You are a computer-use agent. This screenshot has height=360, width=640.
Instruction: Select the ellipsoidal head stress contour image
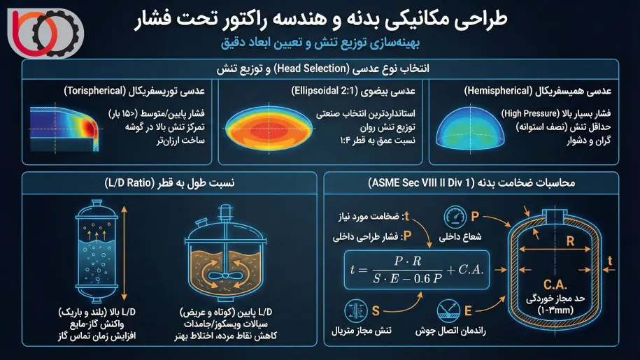[264, 131]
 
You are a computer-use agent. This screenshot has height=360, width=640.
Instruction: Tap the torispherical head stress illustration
[64, 130]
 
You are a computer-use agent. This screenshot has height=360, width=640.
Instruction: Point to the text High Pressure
[525, 113]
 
